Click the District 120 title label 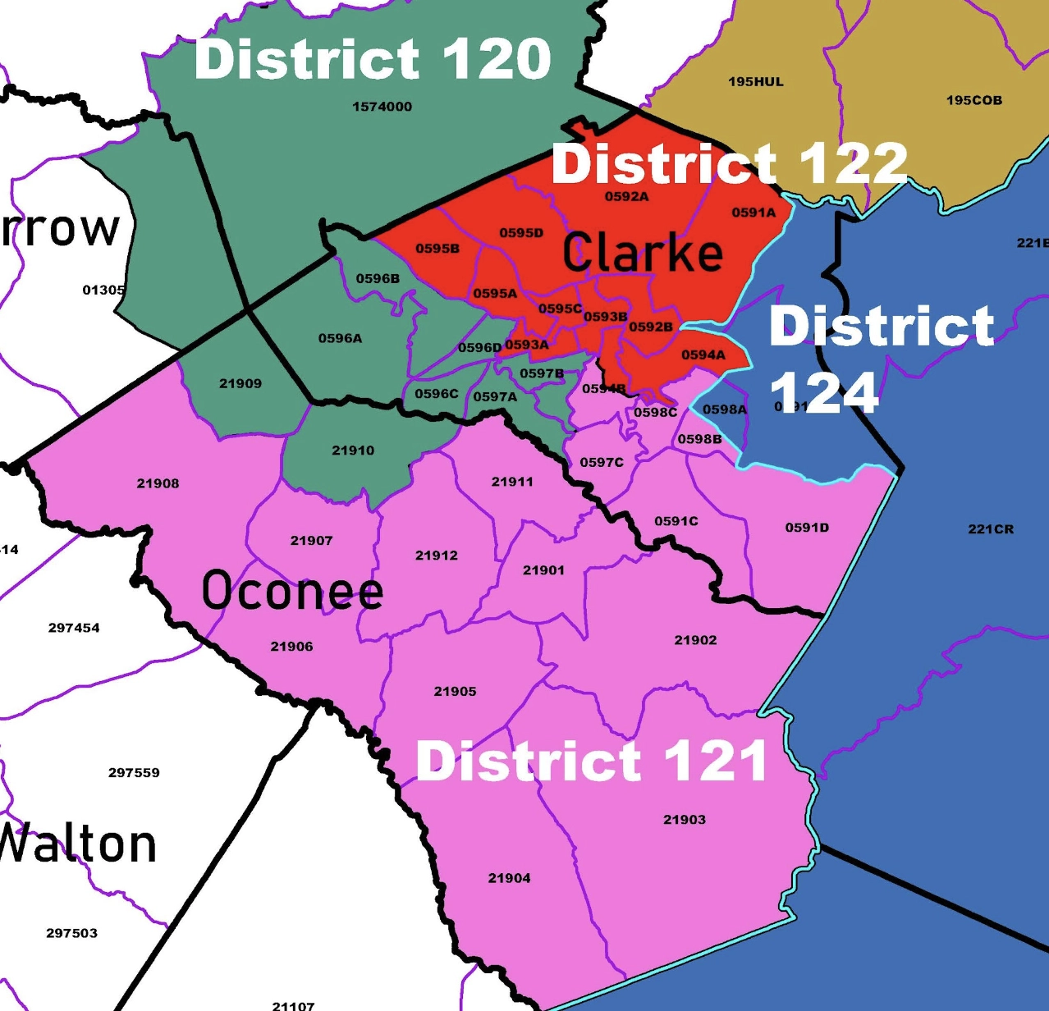[373, 59]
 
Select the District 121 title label [591, 761]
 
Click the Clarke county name [643, 252]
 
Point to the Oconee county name [292, 590]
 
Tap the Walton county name [78, 844]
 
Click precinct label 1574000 [382, 107]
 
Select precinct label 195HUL [755, 82]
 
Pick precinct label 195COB [973, 100]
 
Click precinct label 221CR [991, 529]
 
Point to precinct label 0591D [807, 528]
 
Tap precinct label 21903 [684, 820]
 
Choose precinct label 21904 [509, 878]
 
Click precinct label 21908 [158, 483]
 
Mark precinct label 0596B [378, 279]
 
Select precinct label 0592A [626, 197]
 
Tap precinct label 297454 [74, 628]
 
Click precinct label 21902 [695, 640]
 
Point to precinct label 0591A [754, 213]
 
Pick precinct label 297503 [71, 933]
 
